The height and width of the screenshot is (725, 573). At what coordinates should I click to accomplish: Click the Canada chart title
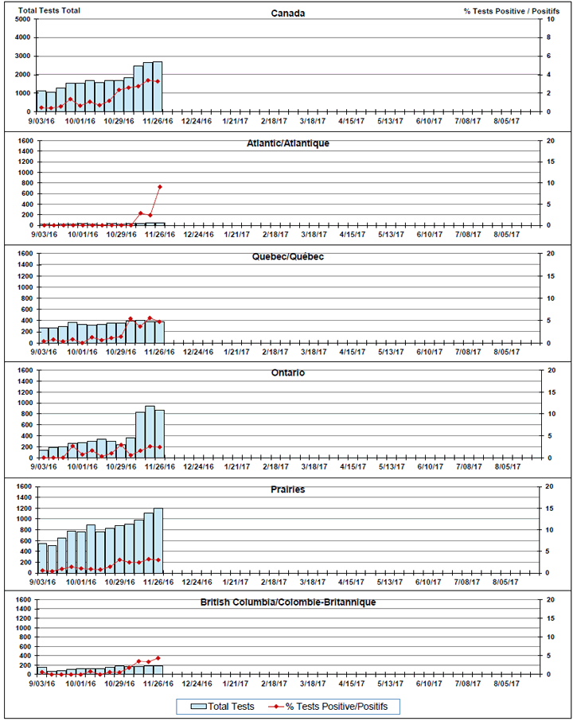[x=287, y=14]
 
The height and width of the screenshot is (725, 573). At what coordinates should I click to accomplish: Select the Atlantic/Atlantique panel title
[x=287, y=142]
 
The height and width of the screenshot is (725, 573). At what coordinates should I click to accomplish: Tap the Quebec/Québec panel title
[x=287, y=257]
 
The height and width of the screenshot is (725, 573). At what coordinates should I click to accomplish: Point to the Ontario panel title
[x=287, y=372]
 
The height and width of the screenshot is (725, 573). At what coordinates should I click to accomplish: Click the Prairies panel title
[x=287, y=489]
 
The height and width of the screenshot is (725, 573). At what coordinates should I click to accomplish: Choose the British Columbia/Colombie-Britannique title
[x=287, y=602]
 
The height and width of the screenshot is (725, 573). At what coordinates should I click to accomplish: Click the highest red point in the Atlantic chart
[x=160, y=187]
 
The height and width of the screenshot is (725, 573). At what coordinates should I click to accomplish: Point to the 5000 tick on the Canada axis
[x=22, y=19]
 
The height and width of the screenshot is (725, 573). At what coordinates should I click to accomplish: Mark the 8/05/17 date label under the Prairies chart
[x=504, y=582]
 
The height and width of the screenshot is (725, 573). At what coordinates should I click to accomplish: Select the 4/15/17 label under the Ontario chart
[x=351, y=467]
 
